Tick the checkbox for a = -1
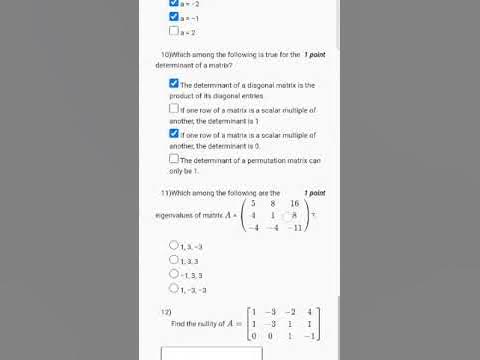(174, 17)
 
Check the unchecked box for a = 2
(174, 30)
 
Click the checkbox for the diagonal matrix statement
(174, 84)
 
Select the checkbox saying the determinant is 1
(174, 108)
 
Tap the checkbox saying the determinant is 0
(174, 133)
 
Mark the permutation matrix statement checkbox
(174, 158)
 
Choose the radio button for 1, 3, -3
(174, 244)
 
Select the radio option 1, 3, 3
(174, 259)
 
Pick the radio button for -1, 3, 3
(174, 273)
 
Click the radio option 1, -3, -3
(174, 288)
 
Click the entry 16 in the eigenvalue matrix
(294, 203)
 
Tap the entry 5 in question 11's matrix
(253, 203)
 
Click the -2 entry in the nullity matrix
(289, 312)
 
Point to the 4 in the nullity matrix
(310, 312)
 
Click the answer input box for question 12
(211, 352)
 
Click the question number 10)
(165, 53)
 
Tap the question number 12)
(166, 312)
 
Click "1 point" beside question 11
(315, 191)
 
